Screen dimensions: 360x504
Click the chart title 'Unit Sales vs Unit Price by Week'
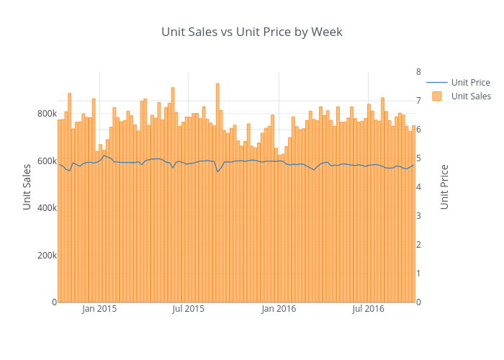pyautogui.click(x=252, y=32)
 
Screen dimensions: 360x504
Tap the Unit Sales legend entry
pyautogui.click(x=471, y=96)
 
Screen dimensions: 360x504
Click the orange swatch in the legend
pyautogui.click(x=436, y=96)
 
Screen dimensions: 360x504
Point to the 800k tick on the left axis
pyautogui.click(x=45, y=114)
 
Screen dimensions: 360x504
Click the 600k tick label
pyautogui.click(x=45, y=161)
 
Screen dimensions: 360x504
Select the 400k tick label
pyautogui.click(x=45, y=208)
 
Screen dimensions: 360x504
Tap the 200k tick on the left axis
pyautogui.click(x=45, y=255)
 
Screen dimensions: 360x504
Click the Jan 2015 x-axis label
pyautogui.click(x=99, y=310)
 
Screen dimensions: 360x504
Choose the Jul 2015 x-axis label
pyautogui.click(x=189, y=310)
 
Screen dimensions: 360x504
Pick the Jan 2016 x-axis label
pyautogui.click(x=279, y=310)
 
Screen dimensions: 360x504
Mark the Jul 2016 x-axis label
pyautogui.click(x=369, y=310)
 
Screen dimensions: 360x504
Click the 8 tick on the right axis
pyautogui.click(x=418, y=71)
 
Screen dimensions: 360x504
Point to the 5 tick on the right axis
pyautogui.click(x=418, y=158)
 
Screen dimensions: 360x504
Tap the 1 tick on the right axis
pyautogui.click(x=418, y=274)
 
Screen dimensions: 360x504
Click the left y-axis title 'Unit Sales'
pyautogui.click(x=27, y=186)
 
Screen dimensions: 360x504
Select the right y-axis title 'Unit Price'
pyautogui.click(x=444, y=186)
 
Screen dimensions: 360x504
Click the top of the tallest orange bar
pyautogui.click(x=217, y=84)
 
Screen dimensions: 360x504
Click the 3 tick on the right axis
pyautogui.click(x=418, y=216)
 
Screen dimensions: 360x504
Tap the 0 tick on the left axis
pyautogui.click(x=53, y=302)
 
